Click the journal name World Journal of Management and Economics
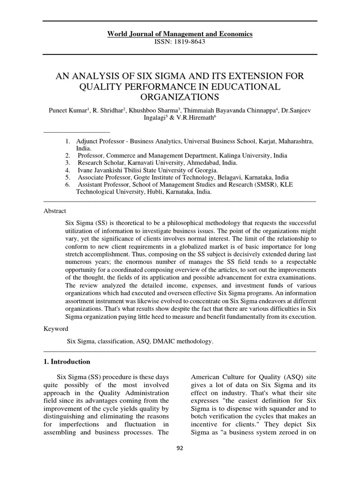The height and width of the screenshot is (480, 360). (x=180, y=34)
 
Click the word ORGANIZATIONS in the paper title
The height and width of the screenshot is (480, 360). (x=180, y=97)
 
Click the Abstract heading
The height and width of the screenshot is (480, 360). (x=55, y=211)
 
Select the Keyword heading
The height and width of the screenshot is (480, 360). (x=56, y=329)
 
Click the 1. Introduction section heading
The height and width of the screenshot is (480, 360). (x=67, y=362)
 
